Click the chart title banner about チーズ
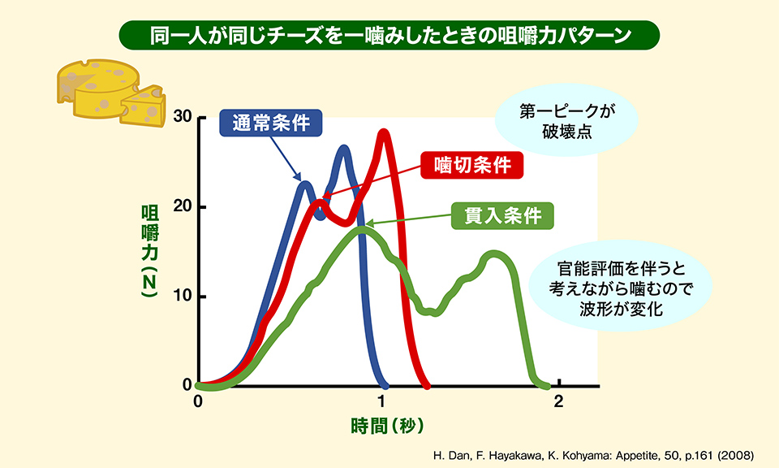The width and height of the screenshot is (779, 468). tap(389, 37)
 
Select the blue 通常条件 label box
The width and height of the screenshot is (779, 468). tap(271, 123)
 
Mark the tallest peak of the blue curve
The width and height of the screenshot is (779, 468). tap(344, 149)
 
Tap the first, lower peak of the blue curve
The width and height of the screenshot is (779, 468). tap(305, 184)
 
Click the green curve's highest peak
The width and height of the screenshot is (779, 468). tap(362, 230)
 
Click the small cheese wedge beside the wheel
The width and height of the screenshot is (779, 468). tap(144, 105)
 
